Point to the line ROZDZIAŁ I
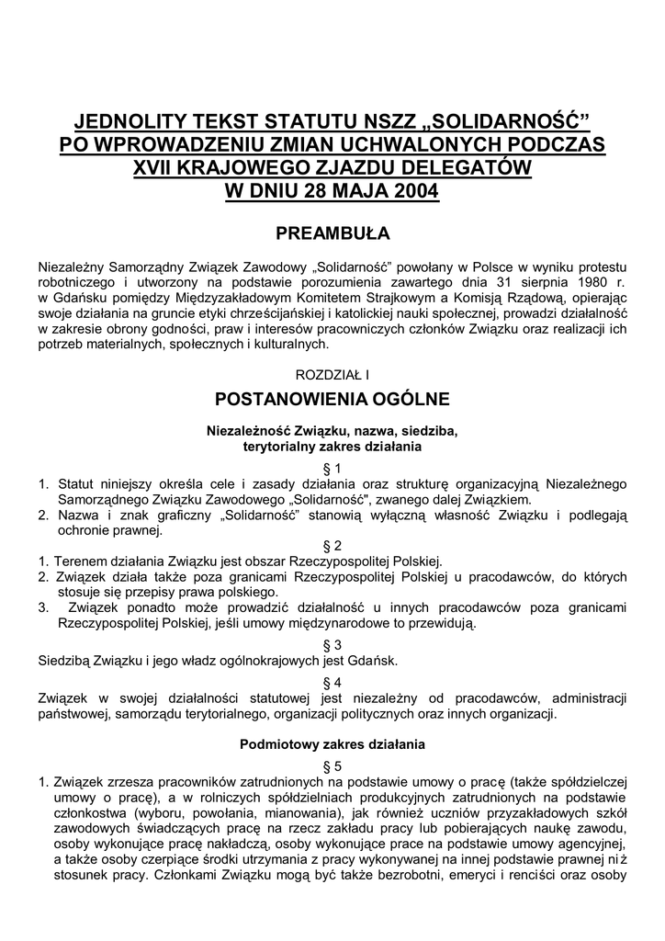[x=332, y=375]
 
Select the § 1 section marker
[x=332, y=468]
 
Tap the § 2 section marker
[x=332, y=544]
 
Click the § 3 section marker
[x=332, y=644]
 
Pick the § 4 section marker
[x=332, y=682]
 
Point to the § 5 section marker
[x=332, y=765]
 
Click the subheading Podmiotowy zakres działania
[x=332, y=743]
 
